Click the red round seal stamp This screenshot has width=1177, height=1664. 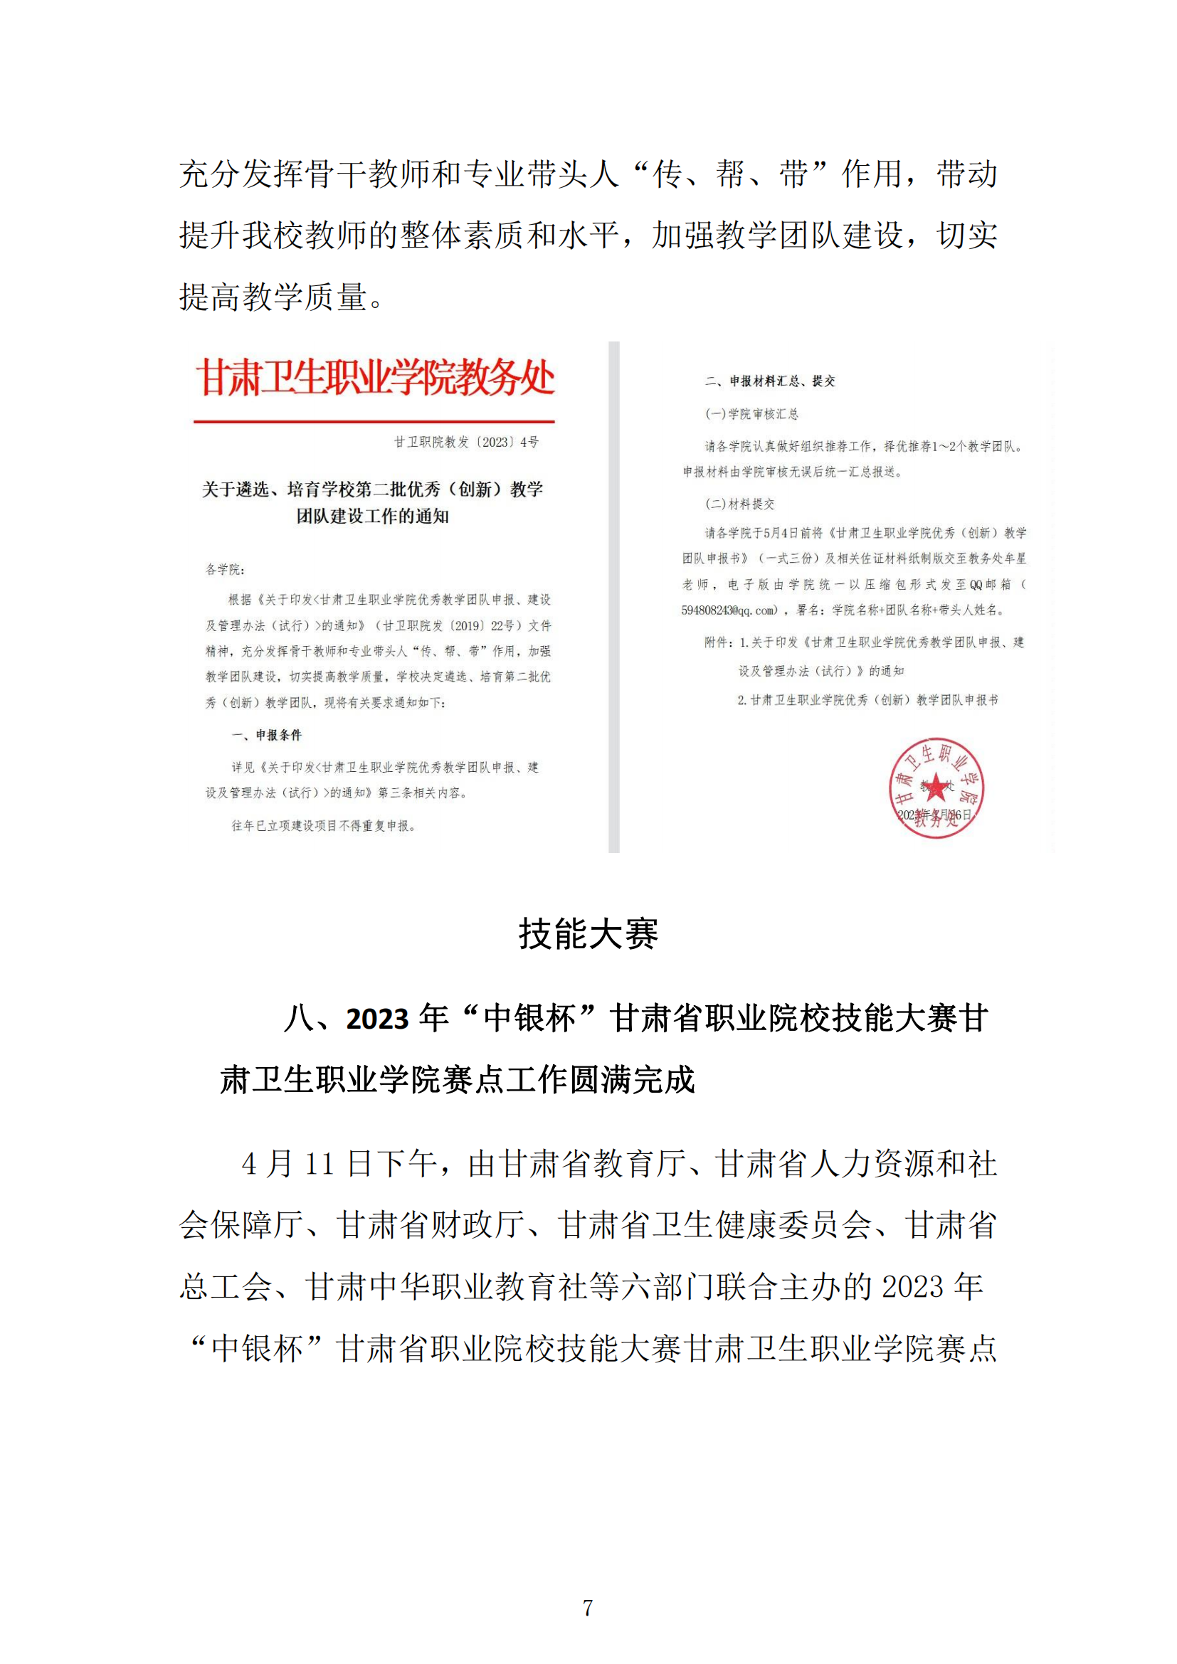(x=936, y=788)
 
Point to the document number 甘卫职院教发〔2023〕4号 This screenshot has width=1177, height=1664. (x=466, y=442)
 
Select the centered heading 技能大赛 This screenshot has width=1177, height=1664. (x=588, y=934)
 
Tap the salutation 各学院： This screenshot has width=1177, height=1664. (x=225, y=569)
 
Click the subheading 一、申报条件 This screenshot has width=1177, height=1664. (x=267, y=735)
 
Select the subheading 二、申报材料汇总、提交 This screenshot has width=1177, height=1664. (x=771, y=381)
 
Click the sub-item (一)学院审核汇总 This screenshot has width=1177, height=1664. (x=751, y=414)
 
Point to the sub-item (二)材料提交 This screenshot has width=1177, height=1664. (x=739, y=504)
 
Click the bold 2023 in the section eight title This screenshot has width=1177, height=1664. (x=377, y=1019)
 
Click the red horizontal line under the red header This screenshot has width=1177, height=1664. (x=374, y=421)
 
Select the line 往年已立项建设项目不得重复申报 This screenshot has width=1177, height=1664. (x=323, y=825)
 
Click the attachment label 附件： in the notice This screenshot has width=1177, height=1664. (x=719, y=642)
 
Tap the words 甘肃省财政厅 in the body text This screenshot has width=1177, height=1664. (x=431, y=1226)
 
